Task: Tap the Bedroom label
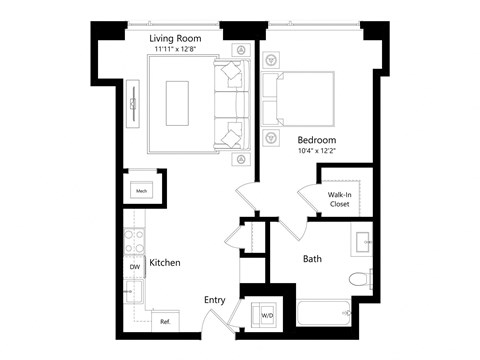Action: click(315, 139)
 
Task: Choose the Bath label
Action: click(312, 259)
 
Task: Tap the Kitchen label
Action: click(164, 263)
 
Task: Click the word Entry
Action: click(214, 300)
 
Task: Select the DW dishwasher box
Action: click(133, 267)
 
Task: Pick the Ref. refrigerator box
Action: click(164, 321)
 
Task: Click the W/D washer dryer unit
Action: click(267, 315)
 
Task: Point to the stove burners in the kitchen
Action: click(133, 240)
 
